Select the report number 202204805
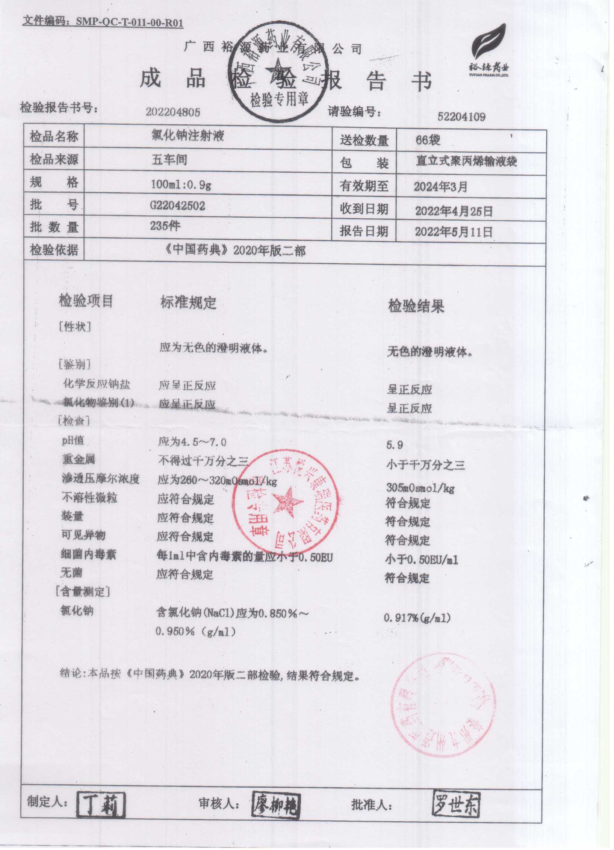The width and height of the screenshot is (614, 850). pyautogui.click(x=173, y=112)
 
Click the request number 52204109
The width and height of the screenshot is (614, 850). pyautogui.click(x=461, y=117)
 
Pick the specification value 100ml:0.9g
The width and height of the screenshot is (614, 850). pyautogui.click(x=181, y=184)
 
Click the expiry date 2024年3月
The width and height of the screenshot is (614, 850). pyautogui.click(x=441, y=186)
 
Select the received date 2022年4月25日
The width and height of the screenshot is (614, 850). pyautogui.click(x=453, y=211)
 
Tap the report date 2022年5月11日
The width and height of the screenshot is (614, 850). pyautogui.click(x=453, y=232)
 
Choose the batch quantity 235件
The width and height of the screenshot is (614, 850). pyautogui.click(x=165, y=226)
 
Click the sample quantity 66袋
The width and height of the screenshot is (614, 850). pyautogui.click(x=428, y=141)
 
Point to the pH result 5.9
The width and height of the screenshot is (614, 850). pyautogui.click(x=394, y=445)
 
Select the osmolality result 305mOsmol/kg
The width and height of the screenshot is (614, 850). pyautogui.click(x=420, y=488)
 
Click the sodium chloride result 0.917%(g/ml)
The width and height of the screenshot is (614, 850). pyautogui.click(x=417, y=618)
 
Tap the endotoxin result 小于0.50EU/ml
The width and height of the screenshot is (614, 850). pyautogui.click(x=421, y=560)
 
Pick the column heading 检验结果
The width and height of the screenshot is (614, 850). pyautogui.click(x=416, y=307)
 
